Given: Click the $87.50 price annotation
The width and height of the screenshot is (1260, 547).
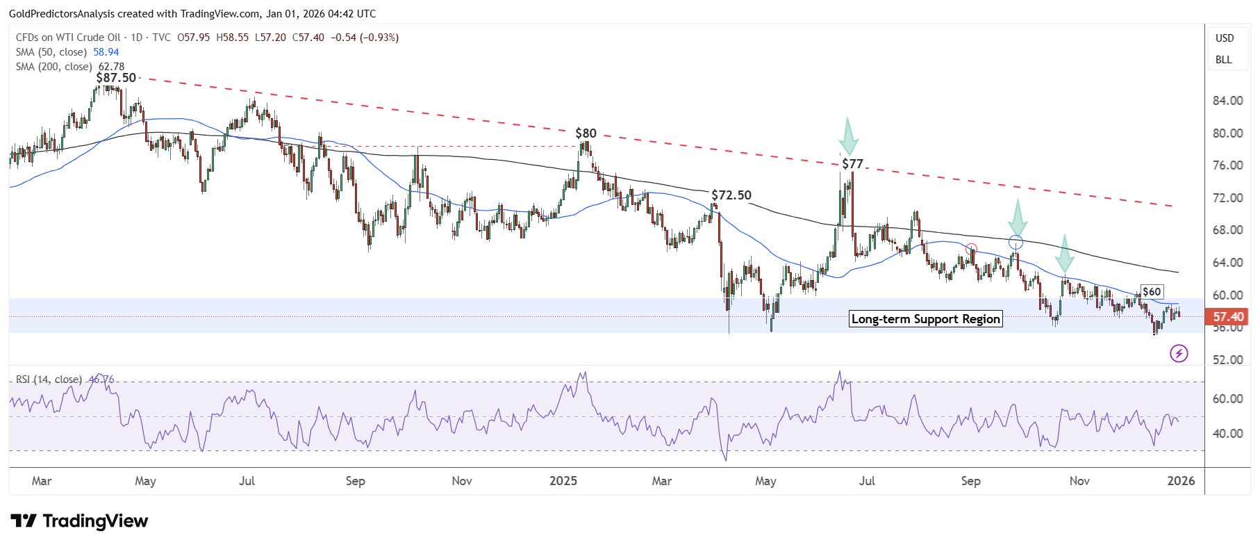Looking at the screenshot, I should pos(116,78).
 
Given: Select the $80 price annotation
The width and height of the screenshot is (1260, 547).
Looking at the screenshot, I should pos(586,133).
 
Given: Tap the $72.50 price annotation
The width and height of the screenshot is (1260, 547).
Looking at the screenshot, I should pos(731,195).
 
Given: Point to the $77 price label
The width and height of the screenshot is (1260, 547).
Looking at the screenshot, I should pos(852,164).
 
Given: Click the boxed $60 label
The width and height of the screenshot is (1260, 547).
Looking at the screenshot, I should pos(1152,292).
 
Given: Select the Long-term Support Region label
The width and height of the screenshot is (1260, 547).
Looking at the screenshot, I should pos(926,319).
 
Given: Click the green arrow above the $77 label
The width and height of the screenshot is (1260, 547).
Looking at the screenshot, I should pos(848,136).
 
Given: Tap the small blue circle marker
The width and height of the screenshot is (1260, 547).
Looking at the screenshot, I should pos(1016,243).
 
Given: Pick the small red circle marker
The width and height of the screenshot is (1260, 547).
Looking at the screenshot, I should pos(972,250).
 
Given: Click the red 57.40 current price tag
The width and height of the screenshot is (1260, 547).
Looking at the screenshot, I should pos(1228,317).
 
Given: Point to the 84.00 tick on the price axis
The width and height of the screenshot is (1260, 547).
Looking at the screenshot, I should pos(1228,101).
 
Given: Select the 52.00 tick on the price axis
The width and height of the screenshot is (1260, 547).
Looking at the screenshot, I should pos(1228,360).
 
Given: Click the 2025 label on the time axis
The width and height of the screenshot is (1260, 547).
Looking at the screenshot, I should pos(563,481).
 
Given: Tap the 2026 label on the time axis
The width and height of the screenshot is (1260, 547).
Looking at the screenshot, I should pos(1181,481).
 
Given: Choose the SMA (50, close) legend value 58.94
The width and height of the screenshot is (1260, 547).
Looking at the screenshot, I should pos(106,52).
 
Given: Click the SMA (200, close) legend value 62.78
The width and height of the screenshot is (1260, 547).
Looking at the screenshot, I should pos(111,67).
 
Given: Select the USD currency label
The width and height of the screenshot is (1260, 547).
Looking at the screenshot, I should pos(1225,38).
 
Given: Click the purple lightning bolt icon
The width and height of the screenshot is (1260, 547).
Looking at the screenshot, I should pos(1179,354).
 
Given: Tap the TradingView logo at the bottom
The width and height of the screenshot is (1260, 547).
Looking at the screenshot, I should pos(80,521).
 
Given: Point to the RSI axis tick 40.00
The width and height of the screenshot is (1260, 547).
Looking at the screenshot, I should pos(1228,434).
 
